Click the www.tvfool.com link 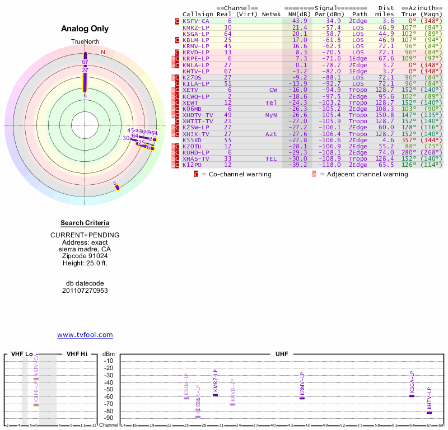[85, 335]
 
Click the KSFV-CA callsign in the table [195, 21]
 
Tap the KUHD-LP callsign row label [195, 152]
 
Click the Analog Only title [85, 29]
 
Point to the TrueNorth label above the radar [85, 42]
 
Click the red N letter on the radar [102, 52]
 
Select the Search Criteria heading [85, 223]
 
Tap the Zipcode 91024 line [85, 256]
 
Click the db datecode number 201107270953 [85, 291]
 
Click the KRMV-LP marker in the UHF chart [302, 398]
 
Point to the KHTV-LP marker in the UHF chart [429, 413]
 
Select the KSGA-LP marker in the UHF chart [412, 396]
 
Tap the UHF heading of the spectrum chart [282, 354]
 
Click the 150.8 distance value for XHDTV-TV [384, 115]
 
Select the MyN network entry [271, 115]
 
